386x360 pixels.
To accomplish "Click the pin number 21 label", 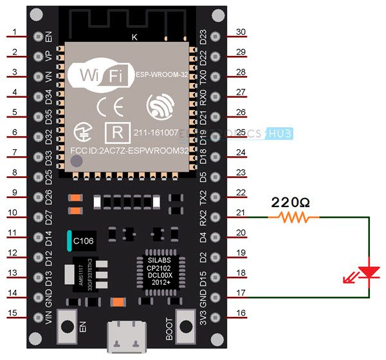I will coord(241,213).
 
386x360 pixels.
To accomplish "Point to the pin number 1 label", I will coord(14,33).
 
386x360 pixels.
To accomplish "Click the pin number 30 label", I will coord(241,32).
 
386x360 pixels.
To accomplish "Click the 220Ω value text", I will coord(291,202).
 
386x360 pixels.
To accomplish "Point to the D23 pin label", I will coord(204,37).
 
